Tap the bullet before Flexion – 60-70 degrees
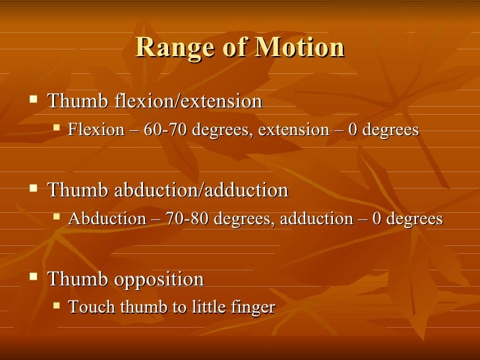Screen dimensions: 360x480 point(56,129)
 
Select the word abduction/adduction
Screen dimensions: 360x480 point(202,191)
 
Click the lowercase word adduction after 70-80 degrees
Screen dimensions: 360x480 point(316,219)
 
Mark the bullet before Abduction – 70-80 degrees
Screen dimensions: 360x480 point(56,218)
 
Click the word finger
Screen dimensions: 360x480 point(255,308)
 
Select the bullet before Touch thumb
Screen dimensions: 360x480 point(56,306)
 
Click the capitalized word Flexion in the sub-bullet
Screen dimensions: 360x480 point(96,130)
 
